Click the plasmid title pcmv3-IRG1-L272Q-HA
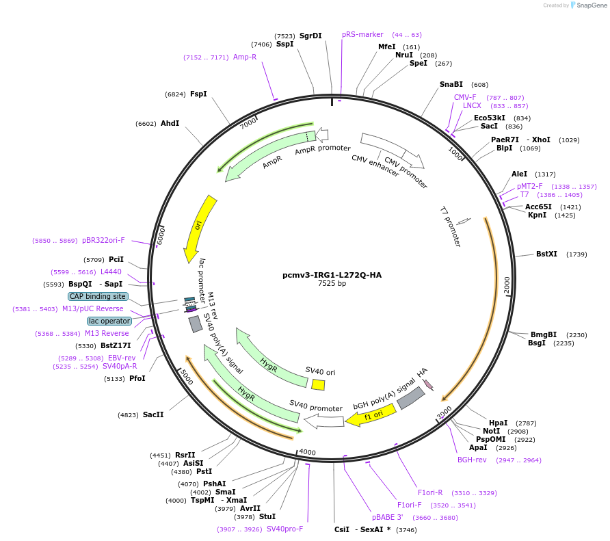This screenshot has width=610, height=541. [x=332, y=275]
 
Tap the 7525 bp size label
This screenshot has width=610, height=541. [x=332, y=284]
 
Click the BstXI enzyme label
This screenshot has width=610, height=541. [x=546, y=254]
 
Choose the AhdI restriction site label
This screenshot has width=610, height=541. [x=170, y=124]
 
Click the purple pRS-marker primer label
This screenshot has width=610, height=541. [x=362, y=34]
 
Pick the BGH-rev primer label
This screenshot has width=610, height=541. [x=472, y=460]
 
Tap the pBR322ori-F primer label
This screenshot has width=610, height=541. [x=103, y=240]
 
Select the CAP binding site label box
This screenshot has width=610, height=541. [x=97, y=296]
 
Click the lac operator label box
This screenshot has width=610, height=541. [x=109, y=321]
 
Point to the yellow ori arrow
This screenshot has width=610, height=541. [x=200, y=228]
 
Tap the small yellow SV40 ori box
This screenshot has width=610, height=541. [x=318, y=384]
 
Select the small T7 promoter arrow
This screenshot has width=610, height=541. [x=464, y=221]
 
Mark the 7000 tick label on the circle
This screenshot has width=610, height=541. [x=248, y=123]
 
